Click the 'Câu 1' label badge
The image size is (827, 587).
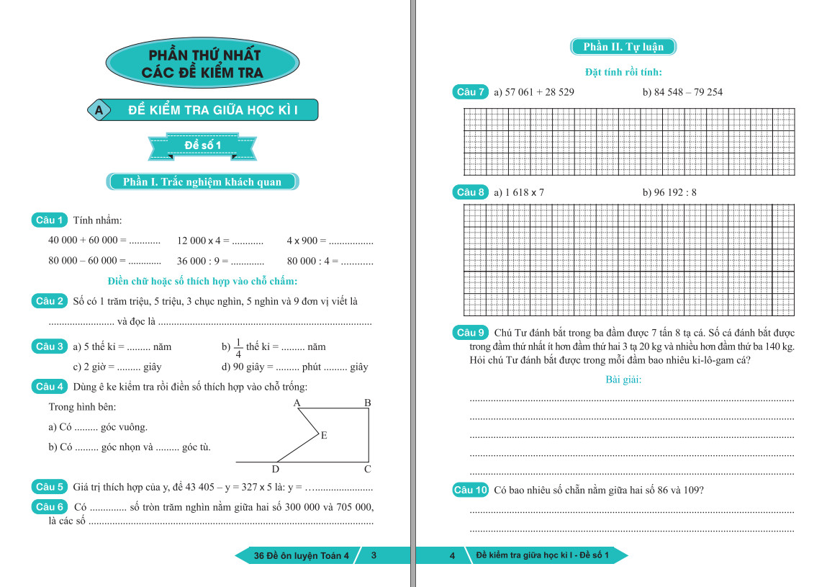(50, 220)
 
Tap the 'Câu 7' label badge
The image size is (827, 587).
(471, 92)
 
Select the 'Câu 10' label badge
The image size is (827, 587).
(471, 490)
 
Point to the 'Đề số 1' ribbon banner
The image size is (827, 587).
(202, 146)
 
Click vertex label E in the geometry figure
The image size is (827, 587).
(324, 435)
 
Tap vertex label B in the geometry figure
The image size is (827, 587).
(367, 403)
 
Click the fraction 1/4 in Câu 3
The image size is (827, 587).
(238, 347)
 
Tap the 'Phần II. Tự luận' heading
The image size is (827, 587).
(623, 47)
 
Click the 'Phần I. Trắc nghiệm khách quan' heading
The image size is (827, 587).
(202, 182)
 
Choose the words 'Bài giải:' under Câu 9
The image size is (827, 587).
(623, 380)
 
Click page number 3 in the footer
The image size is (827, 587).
(374, 555)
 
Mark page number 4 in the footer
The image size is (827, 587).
(452, 555)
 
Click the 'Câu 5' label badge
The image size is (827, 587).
(50, 487)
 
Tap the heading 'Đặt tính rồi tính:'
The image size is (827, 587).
(623, 72)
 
